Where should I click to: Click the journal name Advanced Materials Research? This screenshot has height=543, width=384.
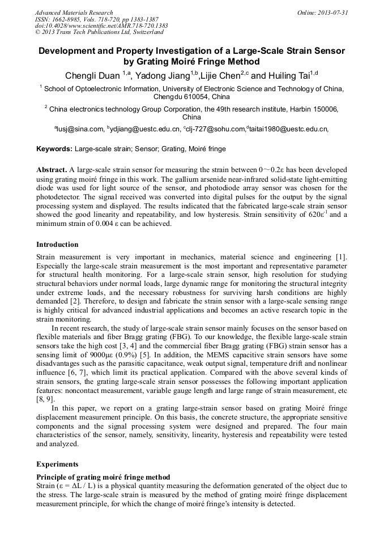pos(74,12)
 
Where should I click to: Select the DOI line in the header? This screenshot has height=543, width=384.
pos(101,25)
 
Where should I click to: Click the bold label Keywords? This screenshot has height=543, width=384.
pos(54,149)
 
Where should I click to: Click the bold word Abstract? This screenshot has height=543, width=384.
pos(52,170)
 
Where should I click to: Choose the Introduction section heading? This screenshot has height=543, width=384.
pos(57,245)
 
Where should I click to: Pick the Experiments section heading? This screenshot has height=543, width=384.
pos(57,464)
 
